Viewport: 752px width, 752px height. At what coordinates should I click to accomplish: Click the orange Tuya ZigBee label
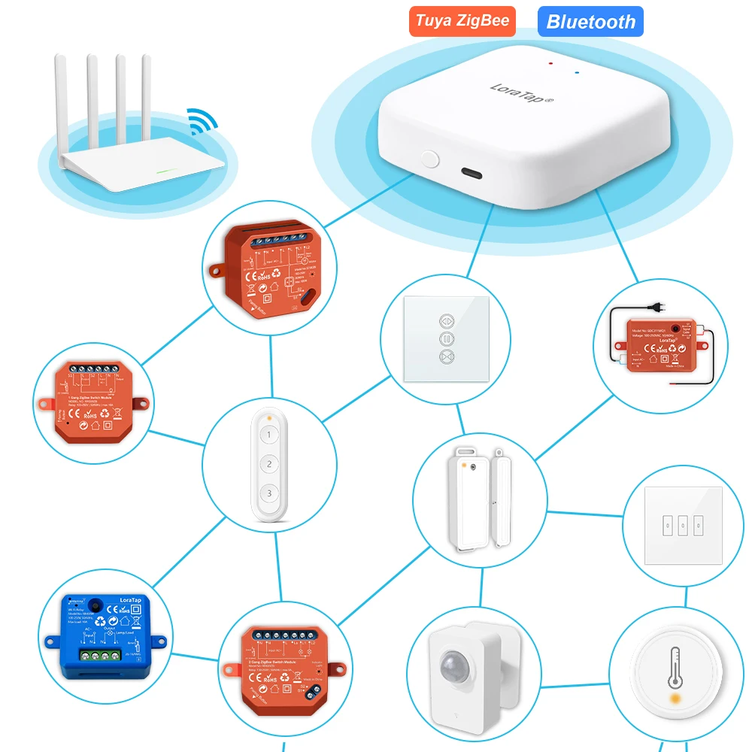coord(462,20)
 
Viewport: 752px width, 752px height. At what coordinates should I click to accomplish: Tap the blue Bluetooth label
coord(590,21)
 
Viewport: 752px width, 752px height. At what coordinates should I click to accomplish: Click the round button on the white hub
coord(430,159)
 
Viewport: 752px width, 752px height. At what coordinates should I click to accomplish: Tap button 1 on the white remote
coord(269,435)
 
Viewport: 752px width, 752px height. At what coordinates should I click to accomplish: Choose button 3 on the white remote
coord(269,493)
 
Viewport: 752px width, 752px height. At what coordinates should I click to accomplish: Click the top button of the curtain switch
coord(445,318)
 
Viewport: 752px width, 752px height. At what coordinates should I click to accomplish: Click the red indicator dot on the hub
coord(551,63)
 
